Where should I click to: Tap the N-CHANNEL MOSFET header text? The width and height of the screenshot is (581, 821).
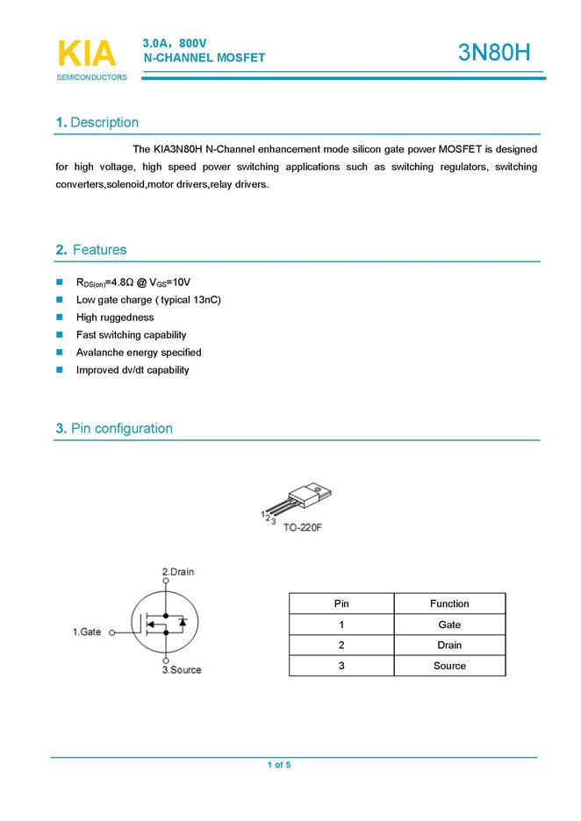pos(204,57)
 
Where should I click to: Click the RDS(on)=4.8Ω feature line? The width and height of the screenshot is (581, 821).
pos(133,282)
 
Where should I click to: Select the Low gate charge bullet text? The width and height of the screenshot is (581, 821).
pos(148,300)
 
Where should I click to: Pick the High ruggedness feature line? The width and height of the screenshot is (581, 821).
pos(115,318)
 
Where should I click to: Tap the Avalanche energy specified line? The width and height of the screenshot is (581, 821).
pos(139,353)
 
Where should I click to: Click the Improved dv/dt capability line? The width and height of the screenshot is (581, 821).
pos(133,370)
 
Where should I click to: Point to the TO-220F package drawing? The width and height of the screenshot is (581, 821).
pos(303,500)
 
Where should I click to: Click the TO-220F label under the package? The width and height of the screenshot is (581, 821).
pos(302,530)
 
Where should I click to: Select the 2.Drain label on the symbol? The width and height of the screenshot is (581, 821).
pos(178,572)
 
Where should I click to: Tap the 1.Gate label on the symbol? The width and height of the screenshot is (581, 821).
pos(87,632)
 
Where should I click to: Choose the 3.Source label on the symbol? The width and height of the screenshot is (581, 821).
pos(182,670)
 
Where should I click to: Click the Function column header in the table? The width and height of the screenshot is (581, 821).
pos(449,603)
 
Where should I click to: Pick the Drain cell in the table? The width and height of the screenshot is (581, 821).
pos(449,645)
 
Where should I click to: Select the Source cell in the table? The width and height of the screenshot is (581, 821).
pos(449,666)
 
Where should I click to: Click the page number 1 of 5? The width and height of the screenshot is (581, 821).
pos(279,766)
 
